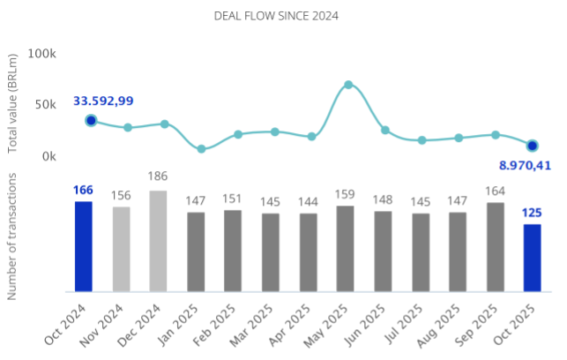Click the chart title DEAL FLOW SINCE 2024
pyautogui.click(x=276, y=16)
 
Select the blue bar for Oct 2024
pyautogui.click(x=83, y=246)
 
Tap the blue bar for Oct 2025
pyautogui.click(x=532, y=258)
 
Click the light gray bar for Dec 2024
pyautogui.click(x=158, y=241)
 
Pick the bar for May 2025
pyautogui.click(x=346, y=248)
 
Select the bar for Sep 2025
pyautogui.click(x=495, y=246)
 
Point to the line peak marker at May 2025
pyautogui.click(x=348, y=85)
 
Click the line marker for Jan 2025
pyautogui.click(x=202, y=149)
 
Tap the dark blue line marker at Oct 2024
pyautogui.click(x=91, y=120)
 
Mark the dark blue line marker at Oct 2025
pyautogui.click(x=532, y=146)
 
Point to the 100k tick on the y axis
pyautogui.click(x=42, y=54)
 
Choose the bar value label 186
pyautogui.click(x=158, y=176)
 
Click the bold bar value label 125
pyautogui.click(x=532, y=212)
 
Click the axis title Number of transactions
pyautogui.click(x=13, y=236)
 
